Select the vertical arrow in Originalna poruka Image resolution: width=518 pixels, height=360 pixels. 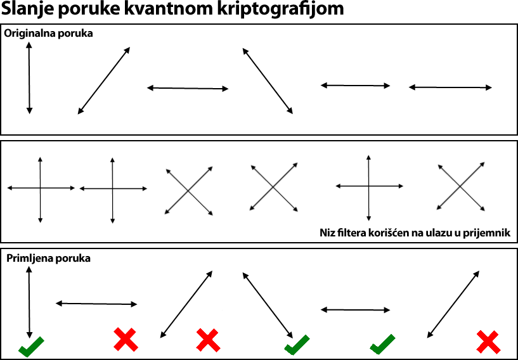coord(29,78)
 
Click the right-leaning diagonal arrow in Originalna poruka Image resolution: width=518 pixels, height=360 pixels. coord(104,80)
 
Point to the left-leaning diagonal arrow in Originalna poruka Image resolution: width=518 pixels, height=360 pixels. coord(268,81)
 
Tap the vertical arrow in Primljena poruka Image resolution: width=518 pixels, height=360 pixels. coord(29,302)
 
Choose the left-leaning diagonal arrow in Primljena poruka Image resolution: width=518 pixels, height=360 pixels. coord(268,305)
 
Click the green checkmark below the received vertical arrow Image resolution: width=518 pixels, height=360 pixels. coord(30,347)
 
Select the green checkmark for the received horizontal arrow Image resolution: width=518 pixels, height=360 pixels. coord(382,344)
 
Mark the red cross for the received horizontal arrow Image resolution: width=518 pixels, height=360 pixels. coord(126,339)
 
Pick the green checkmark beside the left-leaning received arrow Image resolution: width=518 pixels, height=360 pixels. coord(297,345)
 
